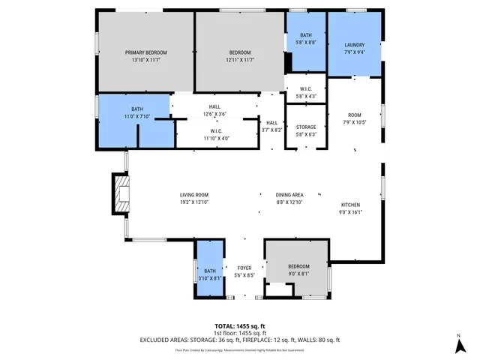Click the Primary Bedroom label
coord(145,52)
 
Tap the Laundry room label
coord(354,44)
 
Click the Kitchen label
coord(351,205)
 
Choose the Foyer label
coord(244,268)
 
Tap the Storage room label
coord(306,127)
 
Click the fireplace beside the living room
coord(120,194)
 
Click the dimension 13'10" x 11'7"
coord(145,60)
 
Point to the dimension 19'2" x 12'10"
coord(193,202)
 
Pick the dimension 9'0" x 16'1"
coord(351,212)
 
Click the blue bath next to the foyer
coord(209,270)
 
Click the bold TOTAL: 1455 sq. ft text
coord(239,325)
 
